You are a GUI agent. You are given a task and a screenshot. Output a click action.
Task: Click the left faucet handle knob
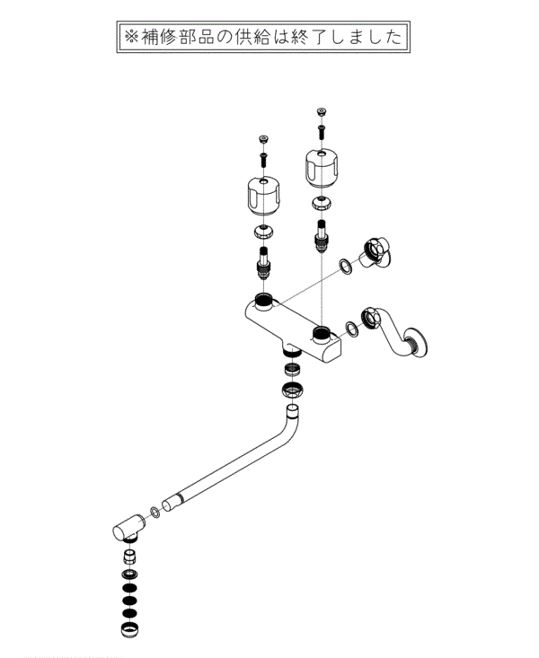click(262, 198)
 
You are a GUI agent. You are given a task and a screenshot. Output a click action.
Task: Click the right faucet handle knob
click(321, 169)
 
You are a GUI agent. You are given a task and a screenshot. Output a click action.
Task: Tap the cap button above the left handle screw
click(263, 138)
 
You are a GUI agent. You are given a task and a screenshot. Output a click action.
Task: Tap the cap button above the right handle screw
click(322, 111)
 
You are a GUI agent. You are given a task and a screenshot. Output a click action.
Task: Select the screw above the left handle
click(263, 159)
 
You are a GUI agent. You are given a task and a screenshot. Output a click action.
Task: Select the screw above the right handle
click(322, 131)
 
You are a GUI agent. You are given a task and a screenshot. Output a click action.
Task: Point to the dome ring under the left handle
click(263, 232)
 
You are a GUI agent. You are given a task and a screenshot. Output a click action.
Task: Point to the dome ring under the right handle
click(322, 203)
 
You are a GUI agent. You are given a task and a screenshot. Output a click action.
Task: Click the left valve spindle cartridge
click(263, 264)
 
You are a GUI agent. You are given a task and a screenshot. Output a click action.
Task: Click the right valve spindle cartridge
click(322, 236)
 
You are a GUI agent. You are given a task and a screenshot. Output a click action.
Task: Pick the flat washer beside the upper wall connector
click(345, 266)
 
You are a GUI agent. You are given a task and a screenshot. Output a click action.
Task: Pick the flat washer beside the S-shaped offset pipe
click(351, 329)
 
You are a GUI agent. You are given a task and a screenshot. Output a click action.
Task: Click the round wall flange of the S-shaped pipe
click(417, 342)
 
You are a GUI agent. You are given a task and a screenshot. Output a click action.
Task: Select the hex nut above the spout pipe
click(293, 390)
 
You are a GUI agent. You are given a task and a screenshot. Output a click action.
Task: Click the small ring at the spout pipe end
click(155, 512)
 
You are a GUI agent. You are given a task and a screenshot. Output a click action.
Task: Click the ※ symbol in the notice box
click(131, 37)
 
